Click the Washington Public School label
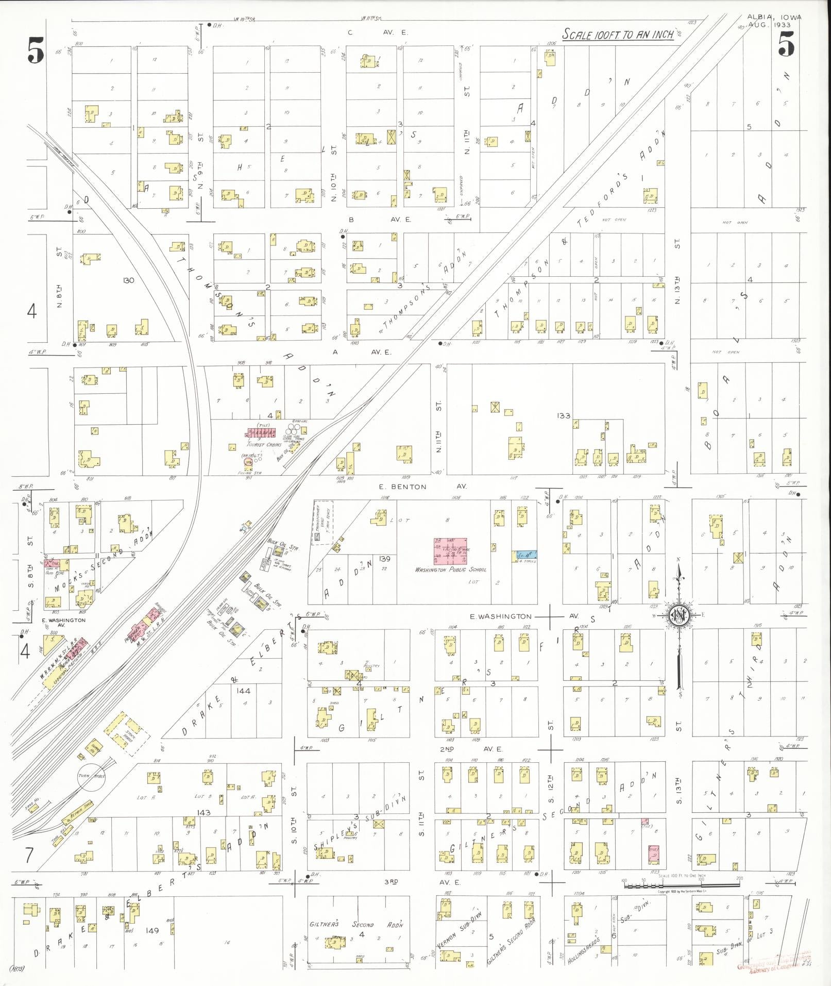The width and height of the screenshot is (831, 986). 451,570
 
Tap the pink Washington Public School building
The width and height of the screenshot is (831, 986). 450,550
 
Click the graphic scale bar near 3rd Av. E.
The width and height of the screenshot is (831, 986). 682,885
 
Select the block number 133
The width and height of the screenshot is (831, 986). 564,415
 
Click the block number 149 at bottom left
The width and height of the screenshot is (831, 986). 152,930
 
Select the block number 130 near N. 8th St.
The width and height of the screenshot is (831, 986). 129,280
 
